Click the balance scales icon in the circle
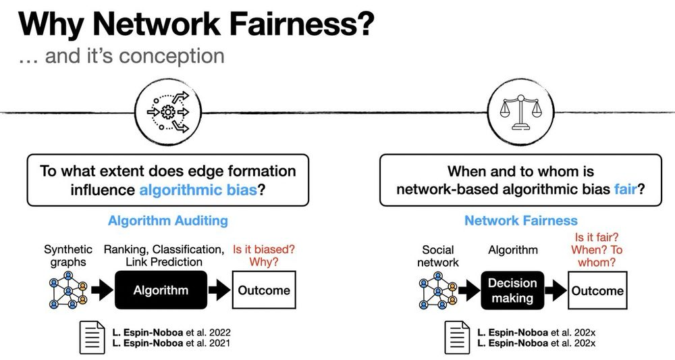pos(520,112)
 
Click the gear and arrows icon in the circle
pos(168,112)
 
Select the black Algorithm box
pos(161,290)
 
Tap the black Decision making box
pos(512,290)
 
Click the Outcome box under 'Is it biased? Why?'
pos(264,290)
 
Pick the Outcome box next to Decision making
pos(597,290)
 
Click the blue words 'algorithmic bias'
pos(198,190)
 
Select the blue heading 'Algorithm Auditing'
pos(168,220)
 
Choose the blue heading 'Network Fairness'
pos(521,220)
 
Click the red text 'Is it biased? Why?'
pos(264,255)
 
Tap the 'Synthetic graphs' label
pos(68,255)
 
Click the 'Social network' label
pos(438,256)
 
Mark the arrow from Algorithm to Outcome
pos(219,290)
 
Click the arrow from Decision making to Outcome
pos(556,290)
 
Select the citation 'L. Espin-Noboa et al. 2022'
pos(171,332)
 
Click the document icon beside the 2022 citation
pos(92,338)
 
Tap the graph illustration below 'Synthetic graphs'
pos(68,290)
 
